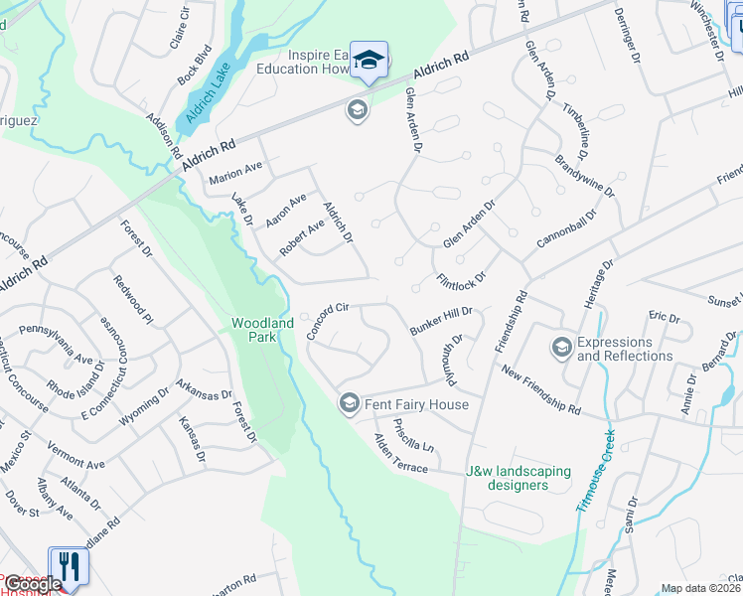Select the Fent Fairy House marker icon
[349, 402]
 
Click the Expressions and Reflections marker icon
[561, 347]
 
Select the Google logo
[34, 584]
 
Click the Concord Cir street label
[330, 321]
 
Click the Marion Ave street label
[235, 174]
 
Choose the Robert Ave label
[302, 238]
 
